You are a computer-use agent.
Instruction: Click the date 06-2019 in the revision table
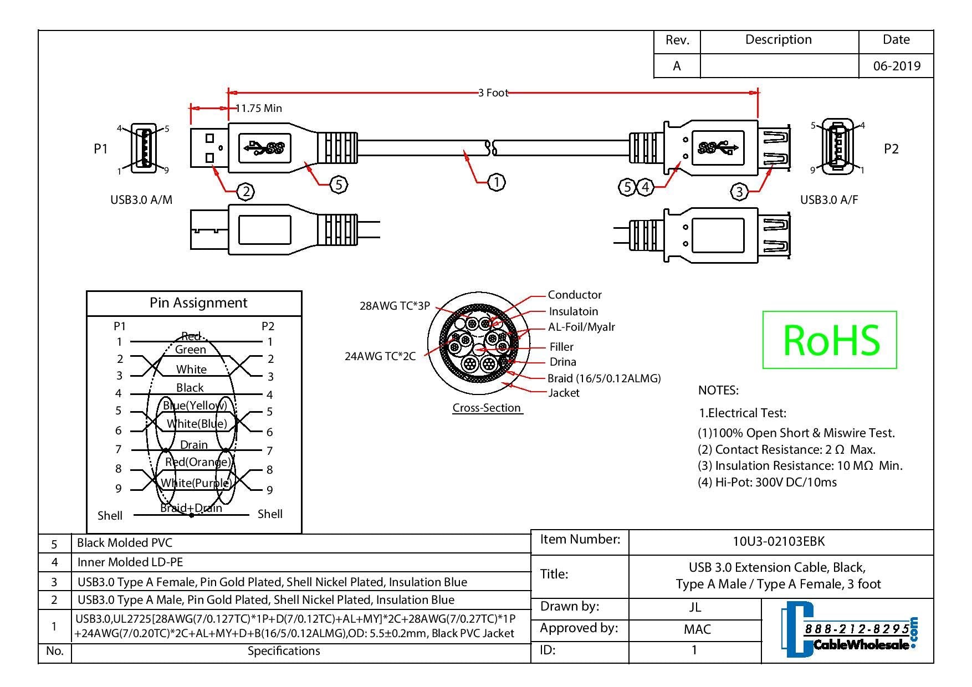click(897, 66)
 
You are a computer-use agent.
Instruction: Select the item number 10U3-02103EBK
click(779, 541)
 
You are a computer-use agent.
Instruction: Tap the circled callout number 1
click(497, 182)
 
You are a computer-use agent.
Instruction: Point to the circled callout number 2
click(245, 192)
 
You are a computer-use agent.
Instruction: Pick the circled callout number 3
click(739, 192)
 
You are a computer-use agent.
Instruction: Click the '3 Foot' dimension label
click(493, 93)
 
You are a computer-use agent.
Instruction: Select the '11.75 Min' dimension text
click(259, 108)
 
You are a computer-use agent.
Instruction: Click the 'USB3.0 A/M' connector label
click(141, 200)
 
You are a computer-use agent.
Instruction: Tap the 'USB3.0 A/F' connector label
click(829, 200)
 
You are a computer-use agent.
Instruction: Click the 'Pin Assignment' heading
click(198, 303)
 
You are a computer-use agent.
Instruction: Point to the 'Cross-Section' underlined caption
click(487, 408)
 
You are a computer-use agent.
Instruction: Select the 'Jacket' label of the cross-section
click(564, 393)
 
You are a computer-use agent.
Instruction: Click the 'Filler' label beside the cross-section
click(561, 347)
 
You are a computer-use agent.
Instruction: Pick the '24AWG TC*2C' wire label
click(380, 356)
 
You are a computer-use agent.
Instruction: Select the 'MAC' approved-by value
click(697, 629)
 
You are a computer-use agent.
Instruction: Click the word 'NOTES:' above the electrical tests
click(718, 391)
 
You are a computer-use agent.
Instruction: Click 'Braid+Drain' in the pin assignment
click(191, 508)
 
